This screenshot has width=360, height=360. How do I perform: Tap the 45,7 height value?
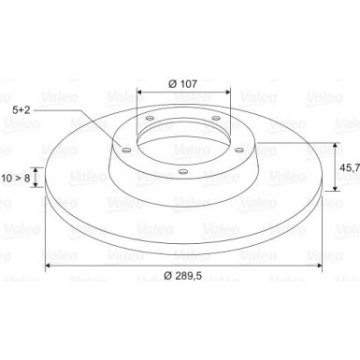pos(347,168)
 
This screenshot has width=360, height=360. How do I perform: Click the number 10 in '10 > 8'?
pos(8,177)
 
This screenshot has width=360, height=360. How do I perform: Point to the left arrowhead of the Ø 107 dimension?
pos(140,94)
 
